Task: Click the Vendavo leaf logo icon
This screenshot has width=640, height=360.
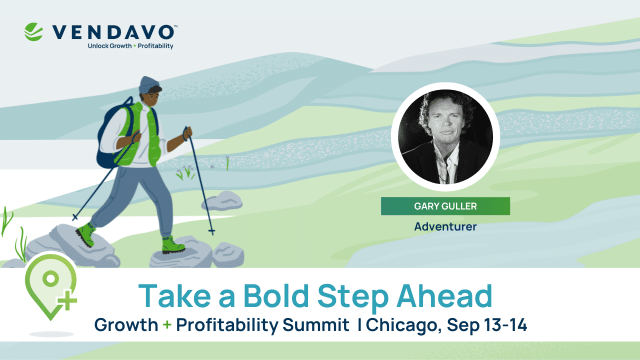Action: point(34,31)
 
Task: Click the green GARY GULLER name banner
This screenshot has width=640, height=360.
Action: point(445,206)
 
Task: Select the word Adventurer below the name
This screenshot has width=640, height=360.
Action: point(445,226)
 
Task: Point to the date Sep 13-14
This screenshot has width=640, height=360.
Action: point(487,325)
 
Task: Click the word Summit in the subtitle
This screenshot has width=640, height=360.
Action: point(315,325)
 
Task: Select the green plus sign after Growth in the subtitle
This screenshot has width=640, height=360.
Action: point(167,325)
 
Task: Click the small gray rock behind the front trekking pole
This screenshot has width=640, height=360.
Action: point(222,201)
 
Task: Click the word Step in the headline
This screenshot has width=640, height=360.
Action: point(356,296)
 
